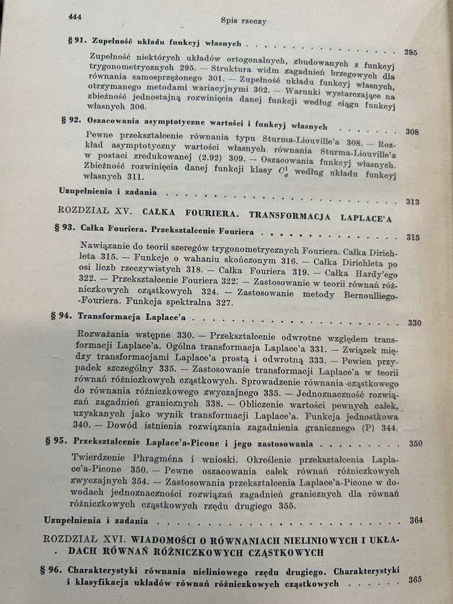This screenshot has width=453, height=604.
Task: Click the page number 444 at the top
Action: pos(75,17)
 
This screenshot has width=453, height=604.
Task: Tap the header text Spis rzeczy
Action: pos(244,21)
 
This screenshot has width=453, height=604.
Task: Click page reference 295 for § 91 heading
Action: pos(411,52)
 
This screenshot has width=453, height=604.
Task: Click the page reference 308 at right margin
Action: pos(412,132)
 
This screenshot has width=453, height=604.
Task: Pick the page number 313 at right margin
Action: pos(413,202)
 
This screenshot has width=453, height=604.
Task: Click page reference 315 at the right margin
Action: pos(413,238)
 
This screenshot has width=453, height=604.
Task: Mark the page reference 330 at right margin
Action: pos(415,323)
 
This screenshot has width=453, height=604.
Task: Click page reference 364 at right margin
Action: pos(416,520)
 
